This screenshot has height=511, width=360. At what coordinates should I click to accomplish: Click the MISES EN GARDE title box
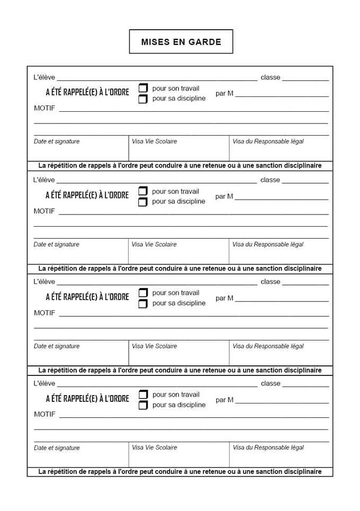tap(181, 42)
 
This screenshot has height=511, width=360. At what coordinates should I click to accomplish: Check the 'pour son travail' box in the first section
tap(143, 88)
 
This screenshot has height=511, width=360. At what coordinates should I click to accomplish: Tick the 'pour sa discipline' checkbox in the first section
tap(143, 99)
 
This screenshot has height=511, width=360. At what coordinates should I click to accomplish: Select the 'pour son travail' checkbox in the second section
tap(143, 191)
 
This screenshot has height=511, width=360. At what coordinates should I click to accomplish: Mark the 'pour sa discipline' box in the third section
tap(143, 304)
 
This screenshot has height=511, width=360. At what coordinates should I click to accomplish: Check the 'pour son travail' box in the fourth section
tap(143, 395)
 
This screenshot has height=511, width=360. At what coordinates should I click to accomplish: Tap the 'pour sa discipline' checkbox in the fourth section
tap(143, 406)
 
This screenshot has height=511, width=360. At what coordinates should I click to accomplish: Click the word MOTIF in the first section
tap(44, 108)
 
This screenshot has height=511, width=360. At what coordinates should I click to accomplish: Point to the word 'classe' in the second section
tap(270, 180)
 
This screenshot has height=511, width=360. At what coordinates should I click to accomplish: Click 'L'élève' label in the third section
tap(44, 282)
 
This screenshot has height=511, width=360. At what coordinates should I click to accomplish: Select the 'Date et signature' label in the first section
tap(57, 141)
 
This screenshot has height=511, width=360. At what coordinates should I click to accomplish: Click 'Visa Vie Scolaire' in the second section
tap(154, 244)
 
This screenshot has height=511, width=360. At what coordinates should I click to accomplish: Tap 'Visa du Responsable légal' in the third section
tap(268, 346)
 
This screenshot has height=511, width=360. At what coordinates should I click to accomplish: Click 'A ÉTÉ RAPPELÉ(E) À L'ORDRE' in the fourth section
tap(87, 399)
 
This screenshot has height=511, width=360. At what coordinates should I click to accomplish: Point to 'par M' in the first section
tap(224, 94)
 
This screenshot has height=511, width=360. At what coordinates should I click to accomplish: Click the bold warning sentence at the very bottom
tap(180, 471)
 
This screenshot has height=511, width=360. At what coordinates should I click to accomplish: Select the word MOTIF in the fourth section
tap(44, 414)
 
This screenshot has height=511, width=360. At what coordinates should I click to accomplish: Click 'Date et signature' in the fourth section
tap(57, 448)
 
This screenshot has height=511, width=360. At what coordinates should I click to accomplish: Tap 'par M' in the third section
tap(224, 298)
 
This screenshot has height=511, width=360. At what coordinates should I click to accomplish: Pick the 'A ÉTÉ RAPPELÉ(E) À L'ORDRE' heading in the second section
tap(87, 195)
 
